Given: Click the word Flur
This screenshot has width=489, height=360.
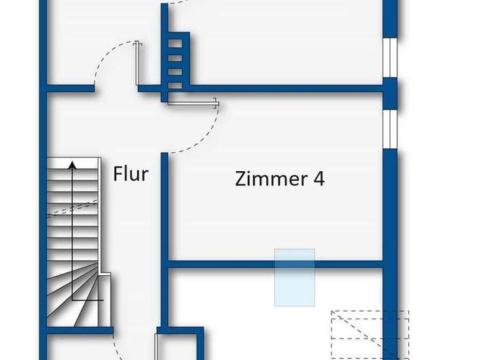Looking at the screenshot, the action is click(x=130, y=173).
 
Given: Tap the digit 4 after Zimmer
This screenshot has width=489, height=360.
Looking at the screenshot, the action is click(x=318, y=179).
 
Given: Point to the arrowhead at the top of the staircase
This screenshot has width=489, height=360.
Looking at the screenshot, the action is click(x=73, y=163).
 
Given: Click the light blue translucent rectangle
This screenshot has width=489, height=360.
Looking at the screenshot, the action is click(x=294, y=276).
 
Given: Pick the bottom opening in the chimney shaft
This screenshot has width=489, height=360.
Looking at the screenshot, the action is click(x=175, y=84).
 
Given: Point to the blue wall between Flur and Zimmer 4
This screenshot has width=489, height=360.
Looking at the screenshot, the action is click(x=164, y=211).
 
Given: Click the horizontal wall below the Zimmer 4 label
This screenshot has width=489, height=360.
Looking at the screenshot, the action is click(x=272, y=264).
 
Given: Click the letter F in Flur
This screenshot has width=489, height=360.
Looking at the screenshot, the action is click(x=117, y=173).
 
